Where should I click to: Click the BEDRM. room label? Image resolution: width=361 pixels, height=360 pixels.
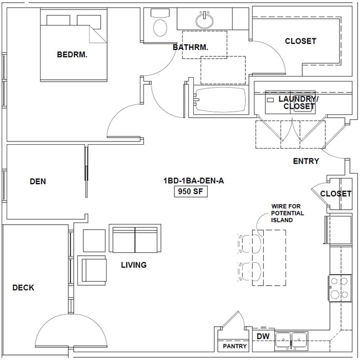coord(73,54)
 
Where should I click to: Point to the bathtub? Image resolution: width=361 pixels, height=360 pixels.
coord(220,100)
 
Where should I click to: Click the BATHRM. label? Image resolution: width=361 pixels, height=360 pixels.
coord(190,48)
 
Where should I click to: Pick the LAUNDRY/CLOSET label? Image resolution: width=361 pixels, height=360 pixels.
coord(298,103)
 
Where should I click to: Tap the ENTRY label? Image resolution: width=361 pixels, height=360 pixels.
coord(306,161)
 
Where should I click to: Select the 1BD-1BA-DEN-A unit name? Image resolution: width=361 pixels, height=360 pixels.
coord(189,181)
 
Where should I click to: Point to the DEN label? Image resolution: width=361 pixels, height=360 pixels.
coord(38,181)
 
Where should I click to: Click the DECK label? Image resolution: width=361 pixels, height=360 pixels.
coord(23,287)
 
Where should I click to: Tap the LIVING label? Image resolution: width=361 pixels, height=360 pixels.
coord(134,265)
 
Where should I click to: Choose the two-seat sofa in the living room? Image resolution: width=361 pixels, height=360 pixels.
coord(136,239)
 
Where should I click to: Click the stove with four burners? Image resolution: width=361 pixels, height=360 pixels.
coord(339,287)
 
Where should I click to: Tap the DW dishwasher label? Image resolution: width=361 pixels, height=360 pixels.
coord(262,336)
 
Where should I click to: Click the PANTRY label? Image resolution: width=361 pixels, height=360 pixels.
coord(234,347)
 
